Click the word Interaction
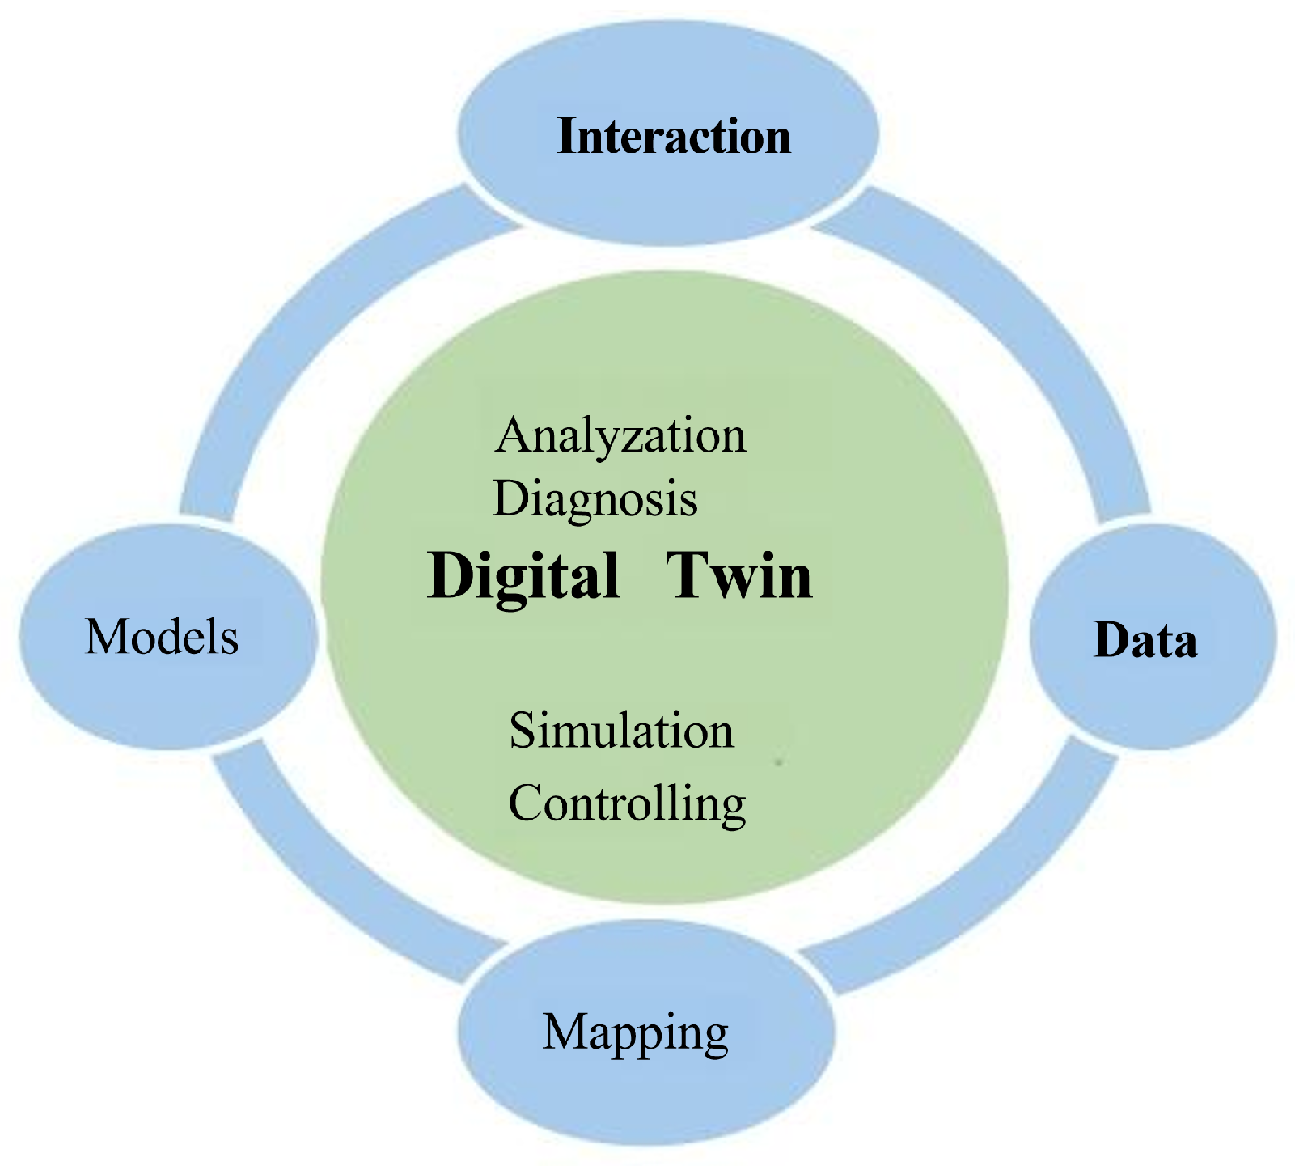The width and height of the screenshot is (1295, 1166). [x=674, y=136]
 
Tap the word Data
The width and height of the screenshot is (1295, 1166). [x=1145, y=640]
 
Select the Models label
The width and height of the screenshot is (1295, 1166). [x=162, y=636]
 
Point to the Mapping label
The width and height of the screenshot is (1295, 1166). [x=635, y=1033]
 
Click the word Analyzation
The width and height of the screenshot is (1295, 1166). [x=620, y=436]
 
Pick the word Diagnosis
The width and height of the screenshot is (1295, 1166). [x=595, y=498]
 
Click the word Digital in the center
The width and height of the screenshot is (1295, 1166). [x=523, y=575]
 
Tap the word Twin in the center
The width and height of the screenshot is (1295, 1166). [x=738, y=575]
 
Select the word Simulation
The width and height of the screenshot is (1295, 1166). [x=621, y=731]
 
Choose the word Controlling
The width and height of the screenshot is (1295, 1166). [x=627, y=803]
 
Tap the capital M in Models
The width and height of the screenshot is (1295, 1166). [x=104, y=636]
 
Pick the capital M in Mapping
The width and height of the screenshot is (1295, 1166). [x=564, y=1032]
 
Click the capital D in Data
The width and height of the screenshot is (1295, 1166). [x=1110, y=640]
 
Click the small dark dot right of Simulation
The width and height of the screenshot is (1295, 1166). [x=779, y=761]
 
